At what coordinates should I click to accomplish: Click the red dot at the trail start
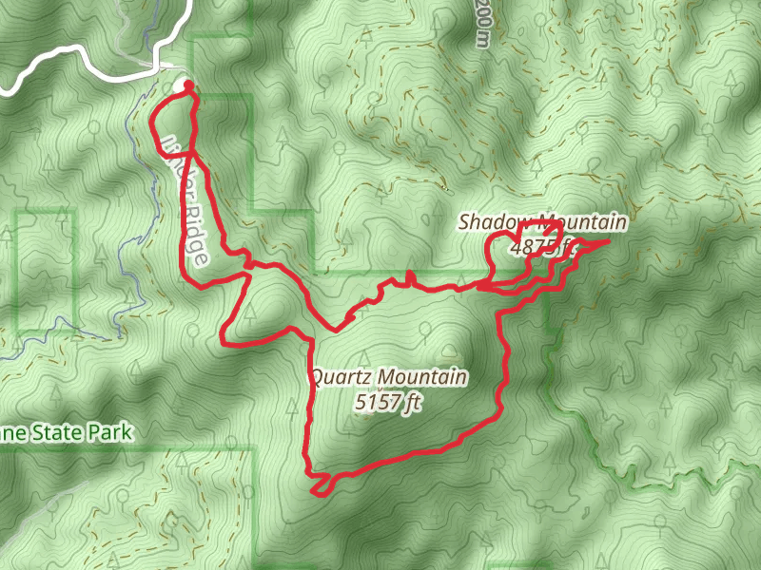[188, 86]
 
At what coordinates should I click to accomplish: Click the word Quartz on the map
[338, 378]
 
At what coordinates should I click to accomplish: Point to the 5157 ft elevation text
[387, 403]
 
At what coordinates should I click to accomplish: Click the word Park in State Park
[107, 433]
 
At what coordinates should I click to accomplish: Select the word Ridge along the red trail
[194, 232]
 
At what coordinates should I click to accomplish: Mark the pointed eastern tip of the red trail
[607, 243]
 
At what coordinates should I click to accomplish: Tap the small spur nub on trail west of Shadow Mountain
[409, 275]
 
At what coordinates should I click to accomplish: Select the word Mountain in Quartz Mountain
[425, 378]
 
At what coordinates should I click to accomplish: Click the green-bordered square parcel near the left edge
[46, 271]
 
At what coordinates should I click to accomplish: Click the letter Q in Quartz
[317, 378]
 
